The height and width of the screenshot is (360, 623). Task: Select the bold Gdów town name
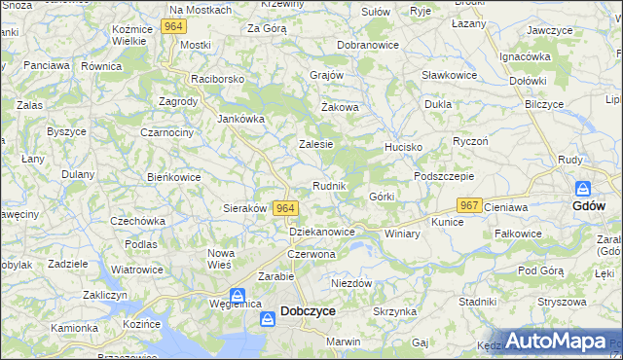589,206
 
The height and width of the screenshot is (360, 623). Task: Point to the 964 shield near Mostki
174,27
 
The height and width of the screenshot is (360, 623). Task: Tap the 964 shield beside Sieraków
285,208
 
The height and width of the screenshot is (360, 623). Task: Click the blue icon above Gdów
583,188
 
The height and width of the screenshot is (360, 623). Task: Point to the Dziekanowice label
322,232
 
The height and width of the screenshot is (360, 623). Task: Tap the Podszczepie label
443,176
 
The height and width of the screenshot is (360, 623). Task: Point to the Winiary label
402,234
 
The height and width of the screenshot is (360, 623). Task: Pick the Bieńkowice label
173,178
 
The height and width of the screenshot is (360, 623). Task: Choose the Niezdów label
351,283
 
